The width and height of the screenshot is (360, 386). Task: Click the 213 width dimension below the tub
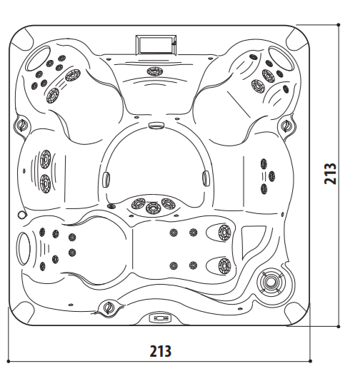[161, 351]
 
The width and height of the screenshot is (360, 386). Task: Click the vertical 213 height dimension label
[330, 173]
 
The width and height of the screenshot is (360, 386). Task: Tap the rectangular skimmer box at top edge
[156, 44]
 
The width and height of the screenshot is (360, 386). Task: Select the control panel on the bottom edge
[160, 318]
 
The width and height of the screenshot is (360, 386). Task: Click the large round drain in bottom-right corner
[271, 282]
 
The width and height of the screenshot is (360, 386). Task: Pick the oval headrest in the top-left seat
[38, 59]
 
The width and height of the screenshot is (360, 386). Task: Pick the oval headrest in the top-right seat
[281, 59]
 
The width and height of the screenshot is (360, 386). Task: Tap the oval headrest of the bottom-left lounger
[23, 248]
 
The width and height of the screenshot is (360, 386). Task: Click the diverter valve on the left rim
[21, 124]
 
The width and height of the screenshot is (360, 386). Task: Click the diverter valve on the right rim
[286, 126]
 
